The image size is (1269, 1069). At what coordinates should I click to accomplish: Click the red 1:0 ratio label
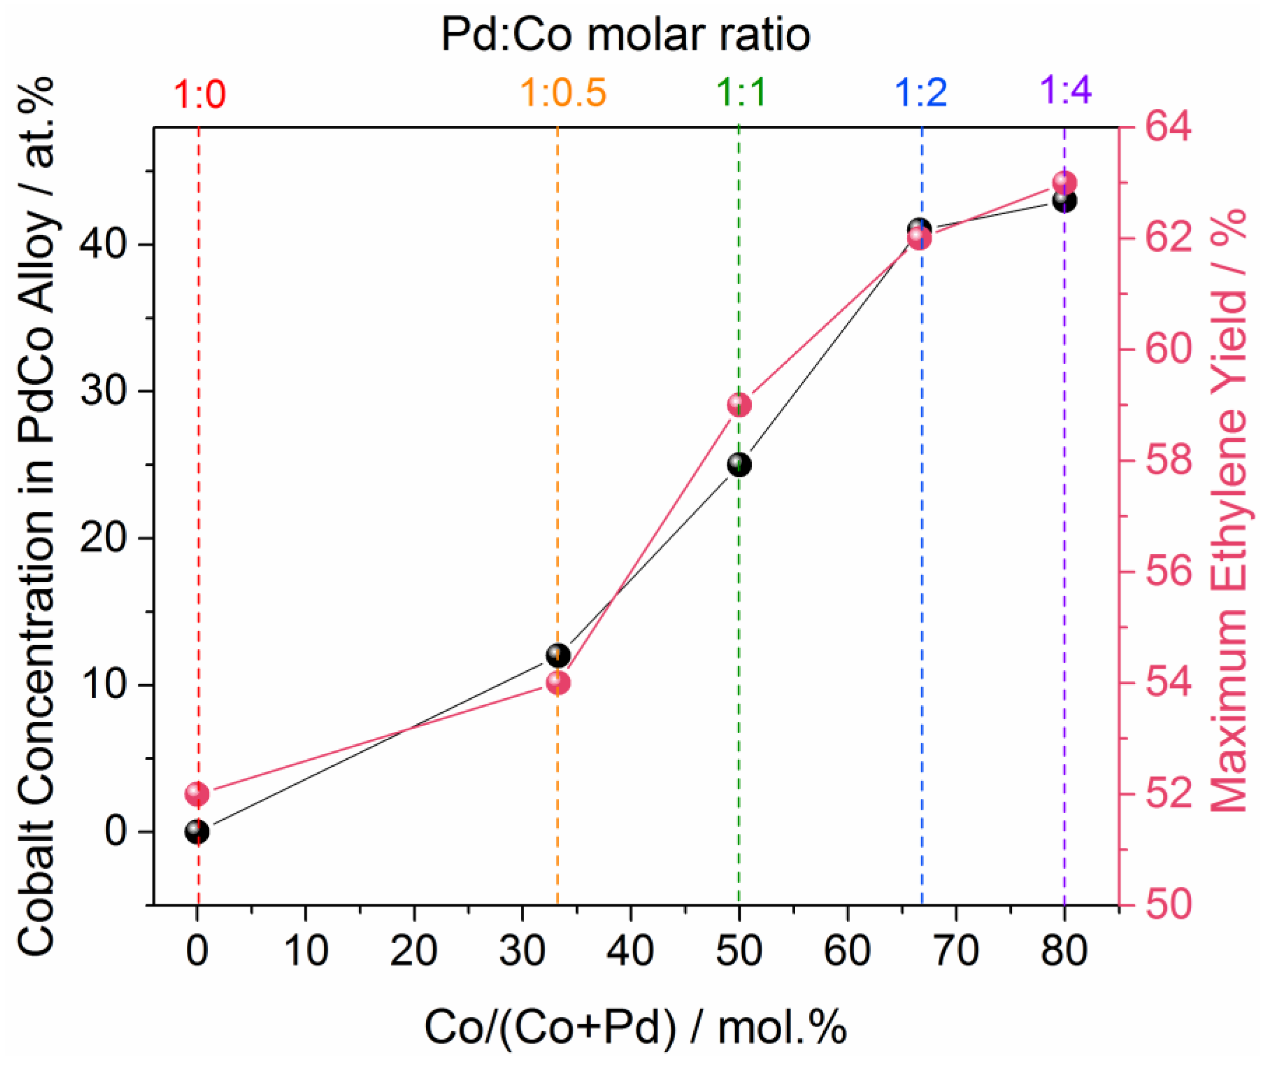coord(199,95)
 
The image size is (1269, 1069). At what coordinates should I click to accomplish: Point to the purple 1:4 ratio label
coord(1065,90)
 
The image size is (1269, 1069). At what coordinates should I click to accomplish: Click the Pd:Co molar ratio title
coord(625,34)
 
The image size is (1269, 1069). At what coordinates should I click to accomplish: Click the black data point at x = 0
coord(198,831)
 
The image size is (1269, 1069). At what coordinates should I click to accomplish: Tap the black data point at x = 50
coord(739,465)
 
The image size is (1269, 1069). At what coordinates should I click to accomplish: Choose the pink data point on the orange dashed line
coord(558,683)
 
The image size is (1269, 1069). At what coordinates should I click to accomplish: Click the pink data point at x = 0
coord(198,793)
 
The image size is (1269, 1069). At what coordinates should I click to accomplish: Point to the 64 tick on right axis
coord(1167,127)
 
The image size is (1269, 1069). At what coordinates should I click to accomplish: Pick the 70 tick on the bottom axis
coord(955,951)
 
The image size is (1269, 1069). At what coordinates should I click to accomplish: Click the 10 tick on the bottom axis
coord(306,951)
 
